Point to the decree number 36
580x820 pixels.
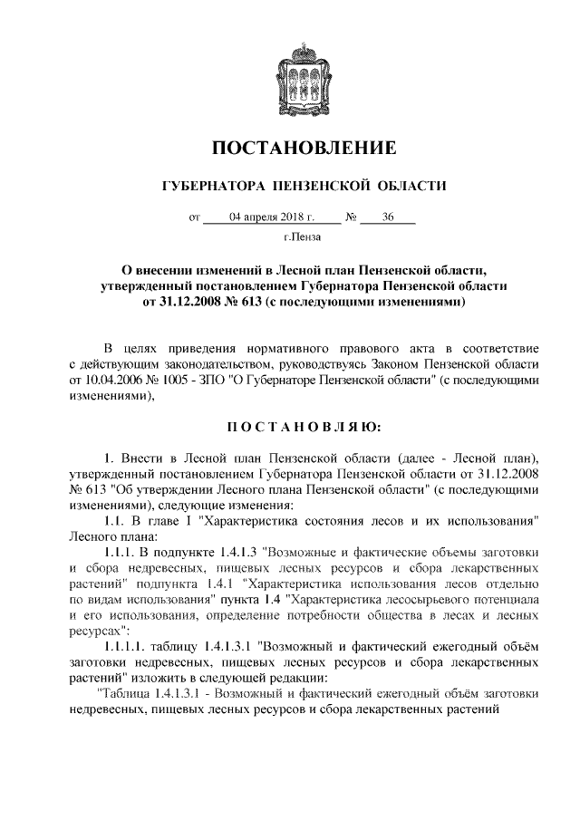(x=388, y=217)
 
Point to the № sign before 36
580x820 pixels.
(x=350, y=217)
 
